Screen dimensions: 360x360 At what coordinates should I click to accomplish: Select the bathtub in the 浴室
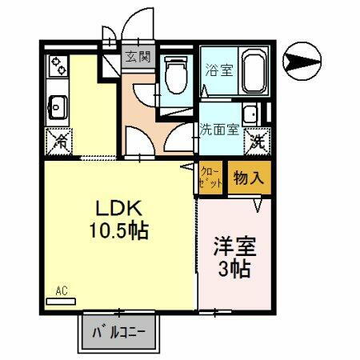(254, 73)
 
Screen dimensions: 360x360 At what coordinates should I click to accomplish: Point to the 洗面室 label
(218, 128)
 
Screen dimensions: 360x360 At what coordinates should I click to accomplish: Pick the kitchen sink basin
(57, 104)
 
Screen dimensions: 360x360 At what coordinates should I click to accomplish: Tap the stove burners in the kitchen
(58, 67)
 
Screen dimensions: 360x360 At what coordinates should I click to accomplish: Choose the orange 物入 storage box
(248, 178)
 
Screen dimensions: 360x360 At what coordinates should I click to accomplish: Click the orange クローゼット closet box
(210, 178)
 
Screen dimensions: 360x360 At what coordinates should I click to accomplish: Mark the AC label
(60, 290)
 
